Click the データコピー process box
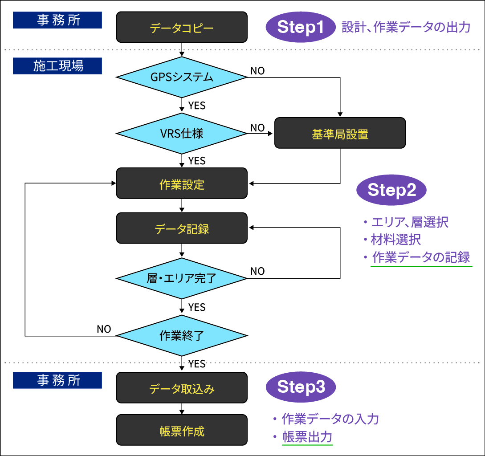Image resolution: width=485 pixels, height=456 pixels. (182, 27)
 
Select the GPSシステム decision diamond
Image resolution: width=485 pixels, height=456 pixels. (182, 77)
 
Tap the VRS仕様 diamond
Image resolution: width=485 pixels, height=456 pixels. (182, 133)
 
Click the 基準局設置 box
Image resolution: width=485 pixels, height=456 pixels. (340, 133)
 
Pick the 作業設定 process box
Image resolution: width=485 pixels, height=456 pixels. (182, 183)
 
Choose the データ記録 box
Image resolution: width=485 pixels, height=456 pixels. (182, 228)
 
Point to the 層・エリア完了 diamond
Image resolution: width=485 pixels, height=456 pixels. (182, 278)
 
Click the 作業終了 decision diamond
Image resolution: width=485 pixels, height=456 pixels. (182, 335)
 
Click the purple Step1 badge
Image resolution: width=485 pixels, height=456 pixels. (301, 27)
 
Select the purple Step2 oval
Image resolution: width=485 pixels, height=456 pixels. (391, 190)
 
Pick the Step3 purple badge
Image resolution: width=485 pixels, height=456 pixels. (301, 387)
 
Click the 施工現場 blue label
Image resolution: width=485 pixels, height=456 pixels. (57, 66)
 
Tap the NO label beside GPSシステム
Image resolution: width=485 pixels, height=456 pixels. (257, 71)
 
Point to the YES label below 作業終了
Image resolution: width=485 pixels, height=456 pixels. (197, 364)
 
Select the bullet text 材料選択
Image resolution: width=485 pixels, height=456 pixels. (396, 239)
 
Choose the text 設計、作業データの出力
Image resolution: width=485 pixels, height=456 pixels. (406, 28)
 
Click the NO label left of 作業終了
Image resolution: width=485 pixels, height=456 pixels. (104, 329)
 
